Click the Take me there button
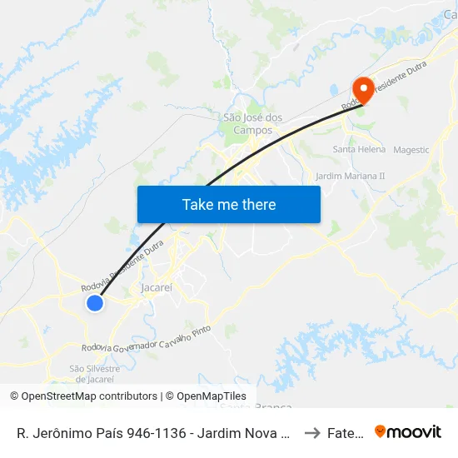[229, 205]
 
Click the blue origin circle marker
[95, 304]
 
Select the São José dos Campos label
[253, 124]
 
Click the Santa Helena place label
[359, 150]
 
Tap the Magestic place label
[411, 150]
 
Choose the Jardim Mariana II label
[351, 177]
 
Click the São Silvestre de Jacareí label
[95, 373]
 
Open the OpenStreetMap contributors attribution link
[89, 396]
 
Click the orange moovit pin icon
[381, 431]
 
